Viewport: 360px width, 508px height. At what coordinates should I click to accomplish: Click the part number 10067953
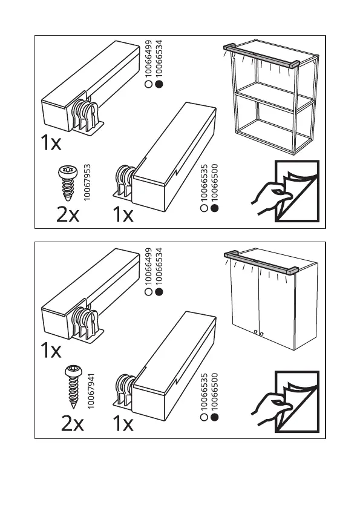(87, 182)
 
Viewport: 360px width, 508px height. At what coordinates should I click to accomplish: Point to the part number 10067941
(91, 391)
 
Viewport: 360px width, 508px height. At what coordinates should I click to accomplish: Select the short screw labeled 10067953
(68, 182)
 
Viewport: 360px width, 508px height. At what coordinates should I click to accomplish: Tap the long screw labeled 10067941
(73, 386)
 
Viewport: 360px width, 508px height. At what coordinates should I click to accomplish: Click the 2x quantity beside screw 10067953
(68, 214)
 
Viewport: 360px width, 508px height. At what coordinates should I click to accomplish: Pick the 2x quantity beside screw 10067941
(73, 423)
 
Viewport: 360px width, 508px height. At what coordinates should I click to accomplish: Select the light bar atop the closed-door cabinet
(261, 261)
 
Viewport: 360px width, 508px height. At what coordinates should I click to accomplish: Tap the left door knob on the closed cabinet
(256, 332)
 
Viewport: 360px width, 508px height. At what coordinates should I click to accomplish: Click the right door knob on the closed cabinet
(261, 334)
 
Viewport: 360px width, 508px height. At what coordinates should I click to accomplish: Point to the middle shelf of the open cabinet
(275, 97)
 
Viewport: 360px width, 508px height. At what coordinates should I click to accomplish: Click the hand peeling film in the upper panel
(271, 197)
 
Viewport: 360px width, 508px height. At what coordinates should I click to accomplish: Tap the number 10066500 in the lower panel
(214, 392)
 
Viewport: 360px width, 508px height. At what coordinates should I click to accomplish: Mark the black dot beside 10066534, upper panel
(159, 84)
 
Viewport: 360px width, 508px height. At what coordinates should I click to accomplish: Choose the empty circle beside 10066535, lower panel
(204, 417)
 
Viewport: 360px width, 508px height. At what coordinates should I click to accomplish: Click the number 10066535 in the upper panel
(204, 183)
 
